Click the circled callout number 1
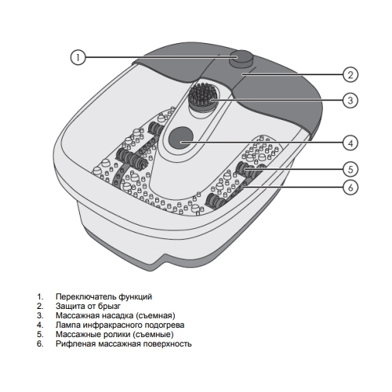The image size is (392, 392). coord(78,57)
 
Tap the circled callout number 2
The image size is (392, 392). coord(350,74)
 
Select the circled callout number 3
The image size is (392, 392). coord(350,100)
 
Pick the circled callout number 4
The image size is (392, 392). coord(350,143)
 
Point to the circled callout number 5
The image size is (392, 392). coord(350,169)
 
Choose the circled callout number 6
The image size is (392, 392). coord(350,187)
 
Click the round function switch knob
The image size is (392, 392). coord(241,59)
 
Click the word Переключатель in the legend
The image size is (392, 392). coord(85,297)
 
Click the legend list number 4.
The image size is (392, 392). coord(40,325)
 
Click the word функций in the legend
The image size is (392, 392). coord(135,297)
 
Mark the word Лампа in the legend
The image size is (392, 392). coord(68,325)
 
